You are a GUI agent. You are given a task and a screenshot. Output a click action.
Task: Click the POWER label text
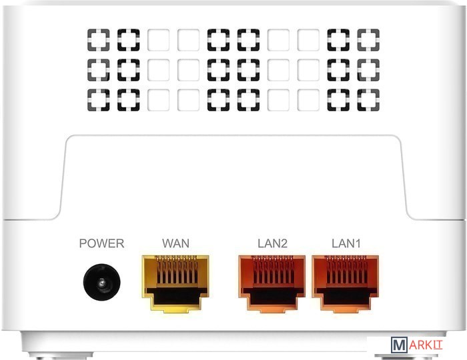(101, 243)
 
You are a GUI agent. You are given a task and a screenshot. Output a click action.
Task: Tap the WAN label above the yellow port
(175, 243)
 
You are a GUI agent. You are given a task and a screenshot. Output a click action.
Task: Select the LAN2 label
(272, 243)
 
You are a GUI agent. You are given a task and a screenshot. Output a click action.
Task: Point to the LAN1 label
(346, 243)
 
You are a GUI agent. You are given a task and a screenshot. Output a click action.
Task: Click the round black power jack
(101, 282)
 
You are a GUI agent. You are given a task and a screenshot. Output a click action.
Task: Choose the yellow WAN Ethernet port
(175, 283)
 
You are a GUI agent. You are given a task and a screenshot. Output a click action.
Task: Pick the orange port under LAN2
(272, 283)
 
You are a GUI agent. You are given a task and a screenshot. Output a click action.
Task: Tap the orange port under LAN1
(346, 283)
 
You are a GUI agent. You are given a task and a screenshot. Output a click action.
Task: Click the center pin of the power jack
(101, 283)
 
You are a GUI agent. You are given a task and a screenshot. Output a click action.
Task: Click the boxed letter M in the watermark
(399, 345)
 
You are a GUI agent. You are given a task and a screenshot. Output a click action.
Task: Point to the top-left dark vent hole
(99, 40)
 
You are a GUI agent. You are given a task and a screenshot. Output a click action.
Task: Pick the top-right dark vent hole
(368, 40)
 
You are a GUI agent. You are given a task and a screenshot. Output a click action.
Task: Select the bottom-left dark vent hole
(99, 100)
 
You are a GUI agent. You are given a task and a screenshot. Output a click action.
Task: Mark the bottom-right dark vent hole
(368, 100)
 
